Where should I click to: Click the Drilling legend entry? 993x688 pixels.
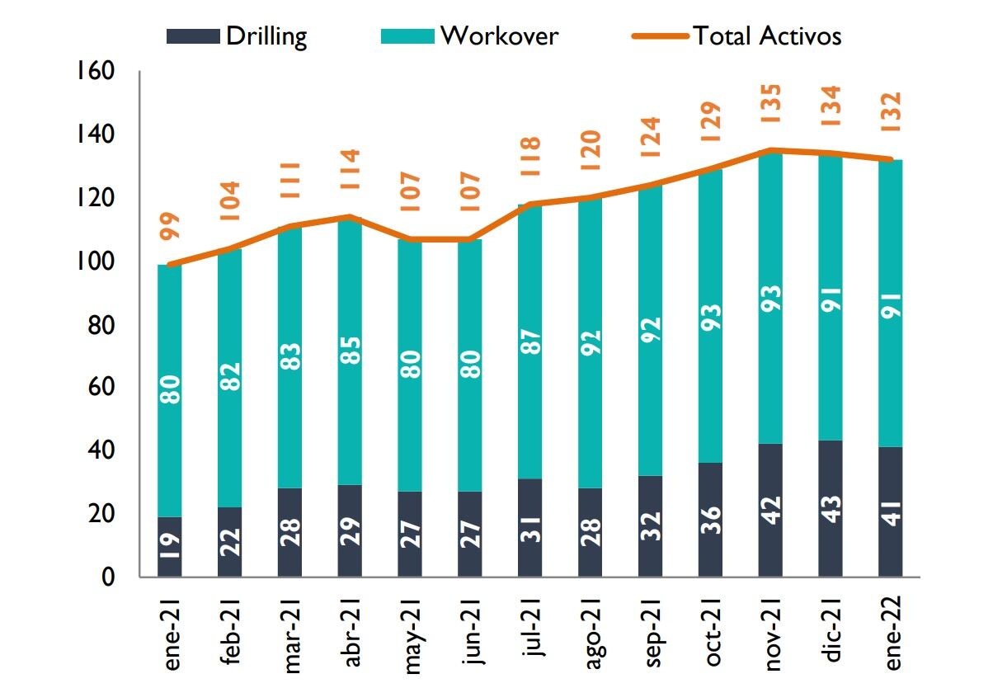tap(237, 36)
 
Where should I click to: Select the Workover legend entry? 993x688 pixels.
tap(469, 36)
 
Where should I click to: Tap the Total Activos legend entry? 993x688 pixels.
tap(737, 36)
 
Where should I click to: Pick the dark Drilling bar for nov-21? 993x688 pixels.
tap(770, 510)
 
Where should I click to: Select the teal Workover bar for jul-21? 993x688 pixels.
tap(530, 342)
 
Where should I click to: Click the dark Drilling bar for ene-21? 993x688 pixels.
tap(170, 547)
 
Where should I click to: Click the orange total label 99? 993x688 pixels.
tap(170, 225)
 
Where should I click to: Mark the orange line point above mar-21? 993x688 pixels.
tap(290, 226)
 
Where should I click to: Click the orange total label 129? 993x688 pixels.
tap(710, 122)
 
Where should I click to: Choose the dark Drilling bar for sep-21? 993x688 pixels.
tap(650, 526)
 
